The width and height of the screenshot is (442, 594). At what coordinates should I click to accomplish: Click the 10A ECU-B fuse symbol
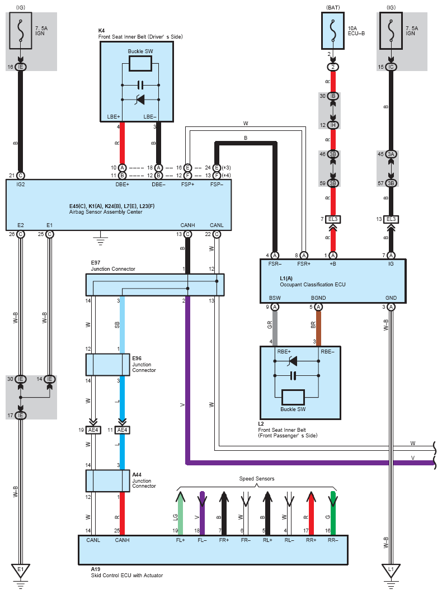[333, 31]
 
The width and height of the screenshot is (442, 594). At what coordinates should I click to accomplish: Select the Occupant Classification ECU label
[313, 285]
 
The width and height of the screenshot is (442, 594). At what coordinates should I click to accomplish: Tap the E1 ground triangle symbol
[21, 571]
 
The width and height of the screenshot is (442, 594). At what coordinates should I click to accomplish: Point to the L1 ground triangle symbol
[391, 571]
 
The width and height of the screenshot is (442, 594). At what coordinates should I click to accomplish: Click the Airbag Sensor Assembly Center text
[106, 212]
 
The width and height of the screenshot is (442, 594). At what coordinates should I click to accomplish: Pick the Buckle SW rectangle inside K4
[140, 63]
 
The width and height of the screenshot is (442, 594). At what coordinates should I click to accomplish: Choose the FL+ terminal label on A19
[180, 540]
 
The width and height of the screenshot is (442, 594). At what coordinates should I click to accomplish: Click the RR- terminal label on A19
[333, 540]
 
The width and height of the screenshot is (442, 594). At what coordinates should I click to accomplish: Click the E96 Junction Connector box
[108, 365]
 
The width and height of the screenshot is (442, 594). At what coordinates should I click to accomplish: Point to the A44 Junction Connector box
[108, 481]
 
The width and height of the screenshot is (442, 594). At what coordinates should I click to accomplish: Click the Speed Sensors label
[257, 479]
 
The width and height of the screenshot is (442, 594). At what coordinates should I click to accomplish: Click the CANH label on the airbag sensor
[187, 225]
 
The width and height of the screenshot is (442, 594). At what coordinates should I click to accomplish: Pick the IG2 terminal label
[21, 185]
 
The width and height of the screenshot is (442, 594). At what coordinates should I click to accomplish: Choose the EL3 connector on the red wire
[333, 219]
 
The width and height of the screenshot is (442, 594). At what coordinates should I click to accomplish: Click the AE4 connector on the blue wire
[122, 430]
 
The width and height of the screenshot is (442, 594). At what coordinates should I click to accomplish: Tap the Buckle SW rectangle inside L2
[293, 397]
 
